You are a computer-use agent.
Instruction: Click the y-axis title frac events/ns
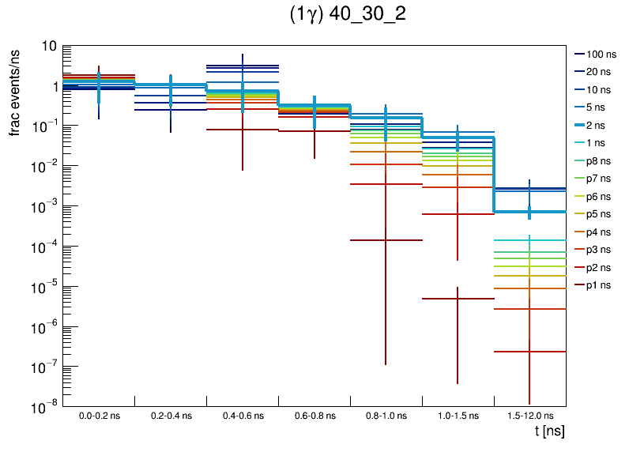[15, 90]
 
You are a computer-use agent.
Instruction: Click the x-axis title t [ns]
[548, 431]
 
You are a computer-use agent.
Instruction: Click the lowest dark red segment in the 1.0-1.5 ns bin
[458, 299]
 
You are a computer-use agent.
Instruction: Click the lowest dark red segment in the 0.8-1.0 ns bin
[386, 239]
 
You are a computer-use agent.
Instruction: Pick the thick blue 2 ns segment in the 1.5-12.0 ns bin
[529, 212]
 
